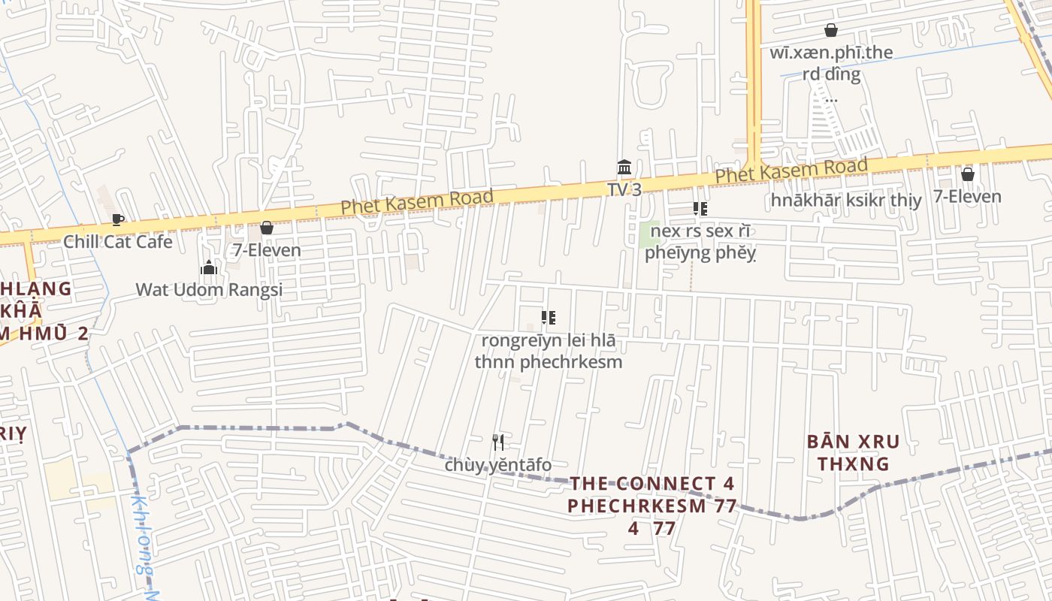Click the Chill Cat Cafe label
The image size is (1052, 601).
point(118,242)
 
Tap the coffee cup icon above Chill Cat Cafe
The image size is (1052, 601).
point(118,219)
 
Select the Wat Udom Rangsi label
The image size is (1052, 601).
point(209,290)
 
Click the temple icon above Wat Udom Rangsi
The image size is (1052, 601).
point(209,267)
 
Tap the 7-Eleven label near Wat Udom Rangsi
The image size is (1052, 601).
point(266,250)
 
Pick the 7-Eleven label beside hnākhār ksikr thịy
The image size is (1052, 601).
point(967,197)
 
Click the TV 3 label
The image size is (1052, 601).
point(624,189)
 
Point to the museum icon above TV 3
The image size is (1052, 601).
point(624,167)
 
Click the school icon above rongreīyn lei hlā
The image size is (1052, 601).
point(549,318)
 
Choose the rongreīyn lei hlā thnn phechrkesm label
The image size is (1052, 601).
point(549,351)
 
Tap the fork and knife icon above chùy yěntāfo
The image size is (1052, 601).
point(497,442)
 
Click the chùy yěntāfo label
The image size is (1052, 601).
point(497,465)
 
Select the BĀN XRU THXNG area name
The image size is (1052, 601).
point(853,452)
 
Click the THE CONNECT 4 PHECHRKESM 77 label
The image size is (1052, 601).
point(651,494)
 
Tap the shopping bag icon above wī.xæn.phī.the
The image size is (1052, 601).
point(831,30)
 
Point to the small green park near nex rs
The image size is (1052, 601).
point(645,234)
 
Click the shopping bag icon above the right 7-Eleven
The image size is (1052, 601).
point(967,174)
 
